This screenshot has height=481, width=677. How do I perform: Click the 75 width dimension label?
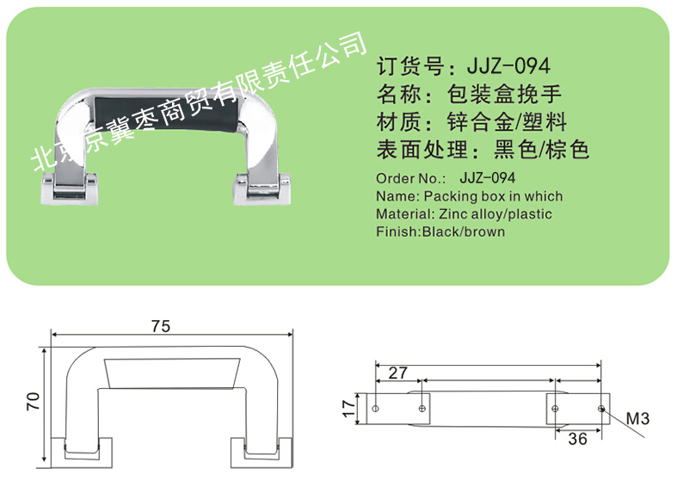point(161,326)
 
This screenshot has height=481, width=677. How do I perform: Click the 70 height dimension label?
point(34,401)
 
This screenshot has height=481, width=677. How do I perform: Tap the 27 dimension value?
point(397,373)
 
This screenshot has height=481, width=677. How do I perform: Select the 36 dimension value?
point(577,439)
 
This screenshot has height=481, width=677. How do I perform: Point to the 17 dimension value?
point(349,409)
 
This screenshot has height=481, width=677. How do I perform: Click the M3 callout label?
point(637,418)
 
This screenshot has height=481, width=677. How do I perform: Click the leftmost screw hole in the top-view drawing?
point(376,409)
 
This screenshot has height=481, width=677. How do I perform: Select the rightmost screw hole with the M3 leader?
point(601,409)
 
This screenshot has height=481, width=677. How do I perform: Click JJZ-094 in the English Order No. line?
point(488,178)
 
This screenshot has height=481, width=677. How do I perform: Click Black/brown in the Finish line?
point(464,231)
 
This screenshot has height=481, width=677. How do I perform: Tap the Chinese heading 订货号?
point(410,66)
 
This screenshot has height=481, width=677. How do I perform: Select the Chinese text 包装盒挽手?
point(504,94)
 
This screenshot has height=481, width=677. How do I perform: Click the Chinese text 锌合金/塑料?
point(507,122)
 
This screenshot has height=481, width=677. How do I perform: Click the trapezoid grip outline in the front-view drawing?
point(172,373)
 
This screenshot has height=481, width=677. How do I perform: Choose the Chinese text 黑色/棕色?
point(541,150)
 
